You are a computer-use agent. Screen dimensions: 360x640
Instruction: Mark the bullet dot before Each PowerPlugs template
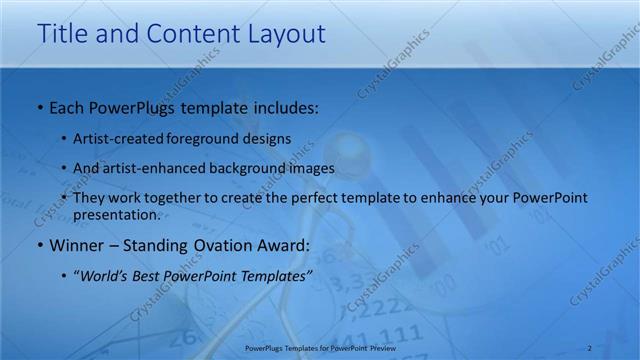tap(38, 105)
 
